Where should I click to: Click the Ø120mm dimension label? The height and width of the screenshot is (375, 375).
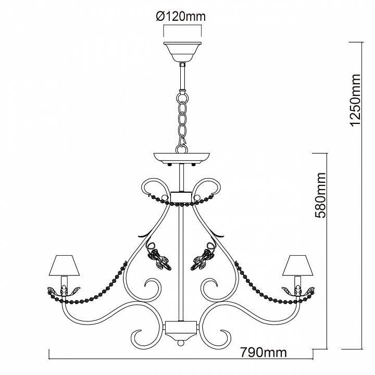pos(181,17)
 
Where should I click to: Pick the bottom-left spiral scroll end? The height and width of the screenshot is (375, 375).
pos(139,335)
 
